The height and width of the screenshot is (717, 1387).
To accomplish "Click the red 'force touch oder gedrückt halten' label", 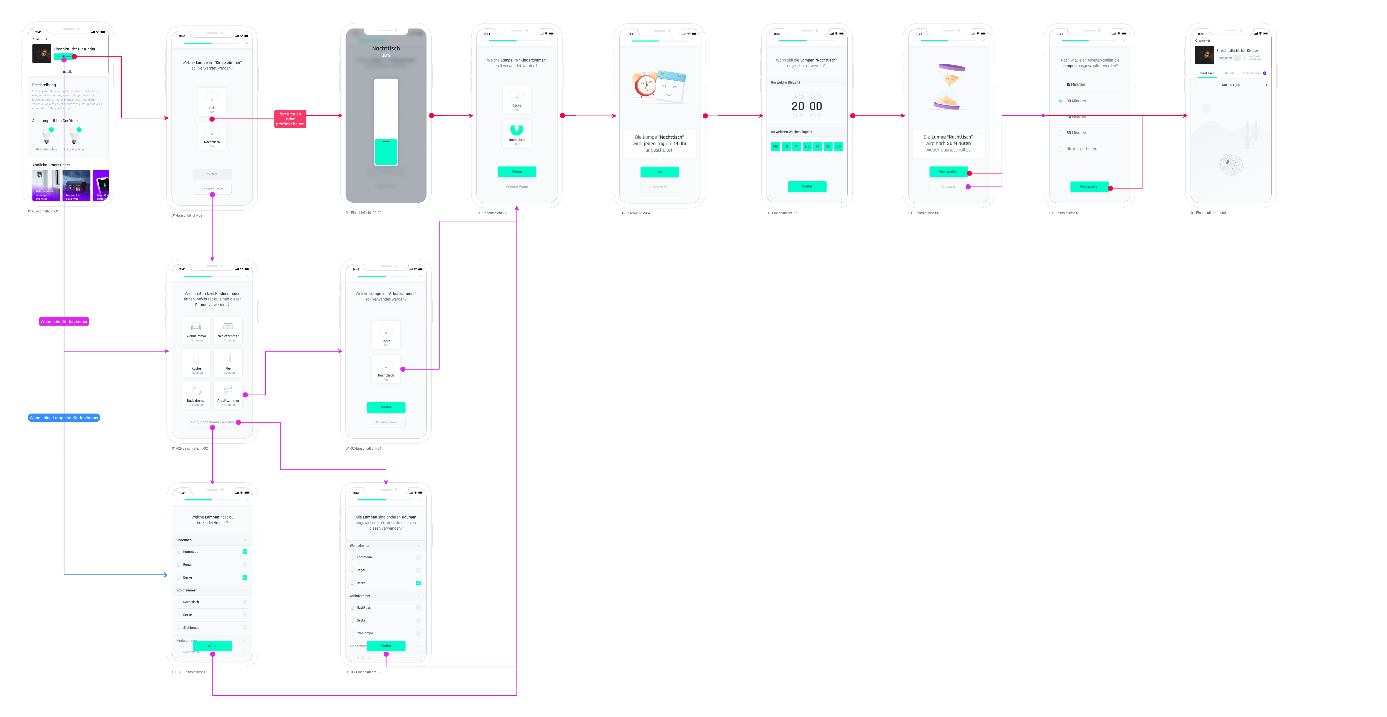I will click(290, 119).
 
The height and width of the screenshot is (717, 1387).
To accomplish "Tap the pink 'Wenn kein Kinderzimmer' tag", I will click(64, 322).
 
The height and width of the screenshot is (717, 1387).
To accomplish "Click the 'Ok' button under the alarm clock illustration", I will click(660, 172).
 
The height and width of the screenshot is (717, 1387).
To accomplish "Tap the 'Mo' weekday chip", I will click(775, 146).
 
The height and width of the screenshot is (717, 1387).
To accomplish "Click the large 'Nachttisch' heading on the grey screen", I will click(386, 49).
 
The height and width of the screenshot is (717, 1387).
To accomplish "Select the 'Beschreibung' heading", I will click(44, 85).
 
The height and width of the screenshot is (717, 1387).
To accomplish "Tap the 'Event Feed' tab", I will click(1207, 73).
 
